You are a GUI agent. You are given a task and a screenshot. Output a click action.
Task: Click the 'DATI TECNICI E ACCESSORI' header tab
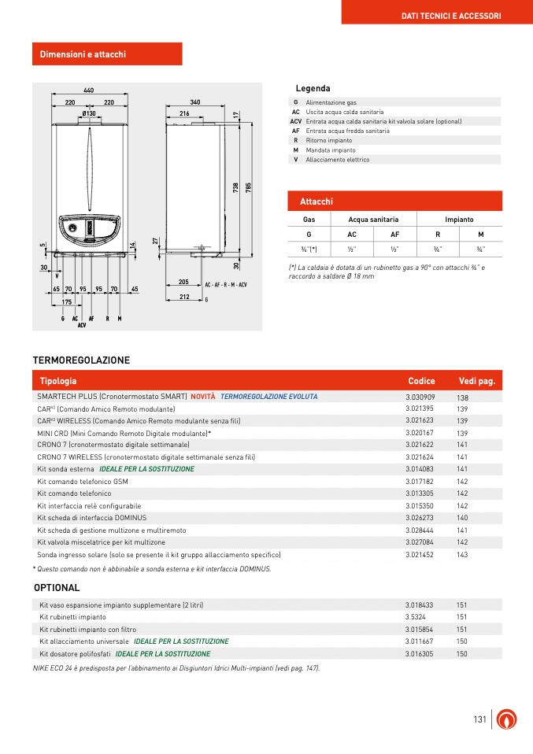click(451, 16)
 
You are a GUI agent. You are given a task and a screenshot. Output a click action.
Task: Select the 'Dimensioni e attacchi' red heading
click(83, 54)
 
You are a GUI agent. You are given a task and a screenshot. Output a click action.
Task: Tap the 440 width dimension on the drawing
click(88, 91)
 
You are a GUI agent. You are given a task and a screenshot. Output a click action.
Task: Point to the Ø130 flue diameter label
click(88, 114)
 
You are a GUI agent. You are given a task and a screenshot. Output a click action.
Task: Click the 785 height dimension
click(248, 188)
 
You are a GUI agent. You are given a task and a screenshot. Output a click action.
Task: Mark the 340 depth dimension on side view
click(195, 102)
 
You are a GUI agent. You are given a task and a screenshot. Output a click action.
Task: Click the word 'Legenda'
click(313, 88)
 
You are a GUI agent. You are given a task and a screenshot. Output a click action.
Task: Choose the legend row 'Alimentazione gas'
click(331, 102)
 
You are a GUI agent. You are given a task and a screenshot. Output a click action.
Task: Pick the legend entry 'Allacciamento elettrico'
click(337, 160)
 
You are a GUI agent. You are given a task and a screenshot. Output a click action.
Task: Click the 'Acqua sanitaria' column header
click(373, 220)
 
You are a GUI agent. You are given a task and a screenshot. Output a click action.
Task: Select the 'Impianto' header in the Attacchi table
click(459, 220)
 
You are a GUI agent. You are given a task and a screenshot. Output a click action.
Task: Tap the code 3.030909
click(420, 397)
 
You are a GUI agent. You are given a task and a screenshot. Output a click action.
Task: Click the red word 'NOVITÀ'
click(202, 397)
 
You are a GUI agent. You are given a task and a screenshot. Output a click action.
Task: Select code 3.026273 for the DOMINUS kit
click(420, 518)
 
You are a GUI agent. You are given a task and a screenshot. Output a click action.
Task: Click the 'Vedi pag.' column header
click(476, 381)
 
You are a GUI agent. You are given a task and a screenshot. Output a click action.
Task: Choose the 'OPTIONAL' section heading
click(57, 588)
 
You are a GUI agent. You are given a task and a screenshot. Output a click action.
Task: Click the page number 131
click(479, 720)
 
